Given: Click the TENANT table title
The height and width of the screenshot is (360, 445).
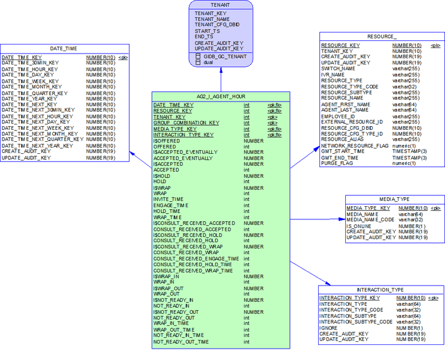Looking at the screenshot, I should click(x=220, y=5).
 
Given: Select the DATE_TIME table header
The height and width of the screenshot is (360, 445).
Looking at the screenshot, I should click(x=64, y=49).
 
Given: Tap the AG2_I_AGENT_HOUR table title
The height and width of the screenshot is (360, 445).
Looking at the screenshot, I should click(x=221, y=96).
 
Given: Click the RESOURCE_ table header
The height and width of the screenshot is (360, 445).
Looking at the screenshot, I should click(x=382, y=37).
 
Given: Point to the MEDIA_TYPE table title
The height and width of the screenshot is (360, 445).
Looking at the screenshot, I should click(x=394, y=199).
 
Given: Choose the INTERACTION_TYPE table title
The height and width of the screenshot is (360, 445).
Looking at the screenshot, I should click(x=381, y=289).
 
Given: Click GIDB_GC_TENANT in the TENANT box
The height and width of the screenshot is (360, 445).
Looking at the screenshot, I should click(x=225, y=56).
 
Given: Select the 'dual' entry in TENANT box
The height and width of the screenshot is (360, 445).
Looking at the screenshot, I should click(x=209, y=62).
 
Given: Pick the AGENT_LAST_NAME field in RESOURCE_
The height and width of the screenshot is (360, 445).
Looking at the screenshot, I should click(x=345, y=110).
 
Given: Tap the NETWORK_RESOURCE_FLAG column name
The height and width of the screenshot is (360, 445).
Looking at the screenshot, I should click(x=354, y=145).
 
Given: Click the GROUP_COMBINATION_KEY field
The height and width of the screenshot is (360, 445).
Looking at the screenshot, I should click(x=186, y=123).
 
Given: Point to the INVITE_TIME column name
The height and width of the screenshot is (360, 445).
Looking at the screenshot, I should click(x=168, y=199).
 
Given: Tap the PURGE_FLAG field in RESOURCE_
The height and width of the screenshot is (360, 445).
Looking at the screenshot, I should click(x=337, y=163).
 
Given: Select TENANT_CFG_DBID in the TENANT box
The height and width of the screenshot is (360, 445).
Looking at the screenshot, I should click(x=217, y=25).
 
